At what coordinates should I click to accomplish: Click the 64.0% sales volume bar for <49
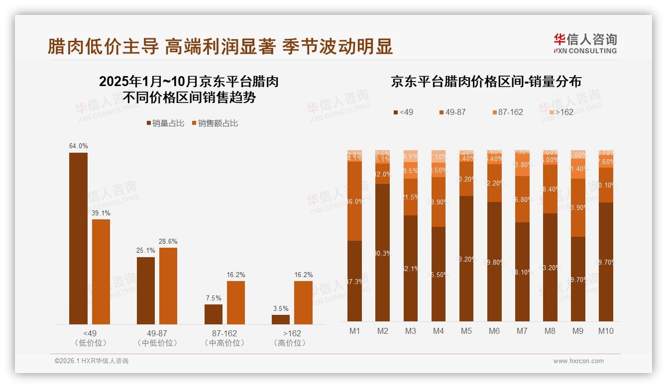coord(78,239)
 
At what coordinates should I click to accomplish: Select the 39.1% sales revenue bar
coord(101,272)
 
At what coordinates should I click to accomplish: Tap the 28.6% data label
coord(168,241)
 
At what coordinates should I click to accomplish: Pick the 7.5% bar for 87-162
coord(213,314)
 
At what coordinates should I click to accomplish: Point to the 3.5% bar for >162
coord(281,319)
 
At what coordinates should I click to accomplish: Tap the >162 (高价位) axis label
coord(290,338)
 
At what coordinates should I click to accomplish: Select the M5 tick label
coord(466,331)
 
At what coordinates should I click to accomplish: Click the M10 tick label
coord(605,331)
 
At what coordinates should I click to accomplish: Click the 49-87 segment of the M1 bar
coord(354,201)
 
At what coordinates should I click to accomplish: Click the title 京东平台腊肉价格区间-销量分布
coord(486,82)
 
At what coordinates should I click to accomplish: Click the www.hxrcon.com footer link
coord(578,361)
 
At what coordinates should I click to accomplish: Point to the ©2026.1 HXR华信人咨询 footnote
coord(91,361)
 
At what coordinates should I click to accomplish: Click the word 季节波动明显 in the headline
coord(337,47)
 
